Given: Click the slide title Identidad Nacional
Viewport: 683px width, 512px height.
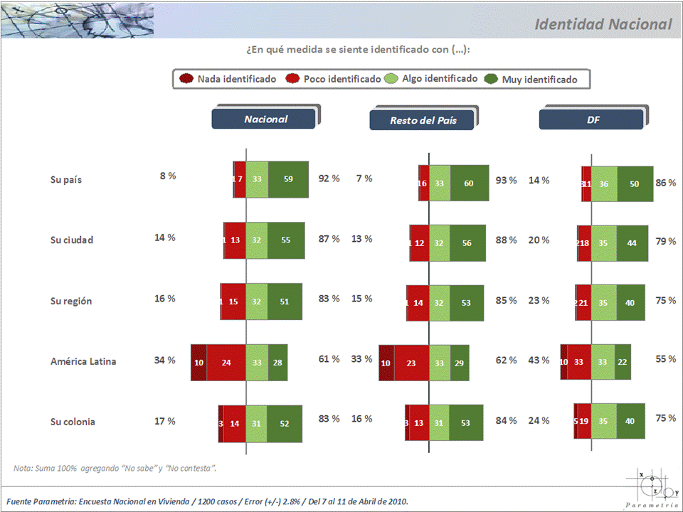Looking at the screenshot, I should [x=603, y=24].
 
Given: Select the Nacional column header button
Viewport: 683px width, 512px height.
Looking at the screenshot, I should [x=265, y=119].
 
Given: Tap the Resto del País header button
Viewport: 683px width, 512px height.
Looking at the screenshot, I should [x=423, y=120].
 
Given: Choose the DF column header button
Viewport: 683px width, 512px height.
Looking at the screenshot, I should [x=593, y=120].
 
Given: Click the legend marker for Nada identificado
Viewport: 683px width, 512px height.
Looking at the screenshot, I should [x=187, y=78].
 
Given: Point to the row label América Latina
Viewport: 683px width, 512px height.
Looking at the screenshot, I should [x=83, y=361].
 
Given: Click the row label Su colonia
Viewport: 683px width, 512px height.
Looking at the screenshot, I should [x=72, y=422].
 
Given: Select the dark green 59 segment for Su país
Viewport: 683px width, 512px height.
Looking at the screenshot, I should [x=288, y=179].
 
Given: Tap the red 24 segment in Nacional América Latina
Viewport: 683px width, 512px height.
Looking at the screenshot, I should [x=226, y=362].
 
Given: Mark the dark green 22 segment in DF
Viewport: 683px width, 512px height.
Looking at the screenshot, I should [x=623, y=362].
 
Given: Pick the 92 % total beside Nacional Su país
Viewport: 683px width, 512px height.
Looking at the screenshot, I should [x=329, y=178].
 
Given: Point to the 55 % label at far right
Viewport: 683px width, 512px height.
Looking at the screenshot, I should [x=665, y=359].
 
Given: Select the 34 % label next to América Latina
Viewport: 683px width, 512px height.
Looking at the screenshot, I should [x=165, y=360].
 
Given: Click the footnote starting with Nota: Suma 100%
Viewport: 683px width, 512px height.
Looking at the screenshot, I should [x=115, y=468].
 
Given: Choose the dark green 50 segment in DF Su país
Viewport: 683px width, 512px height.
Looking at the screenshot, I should [x=635, y=183].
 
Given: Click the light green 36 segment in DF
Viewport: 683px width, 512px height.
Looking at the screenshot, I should [x=604, y=183].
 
